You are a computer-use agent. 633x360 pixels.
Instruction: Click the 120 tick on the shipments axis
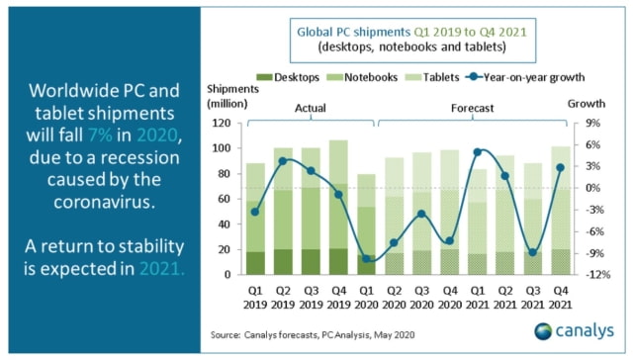223,124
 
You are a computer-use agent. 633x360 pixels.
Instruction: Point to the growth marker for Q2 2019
284,160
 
